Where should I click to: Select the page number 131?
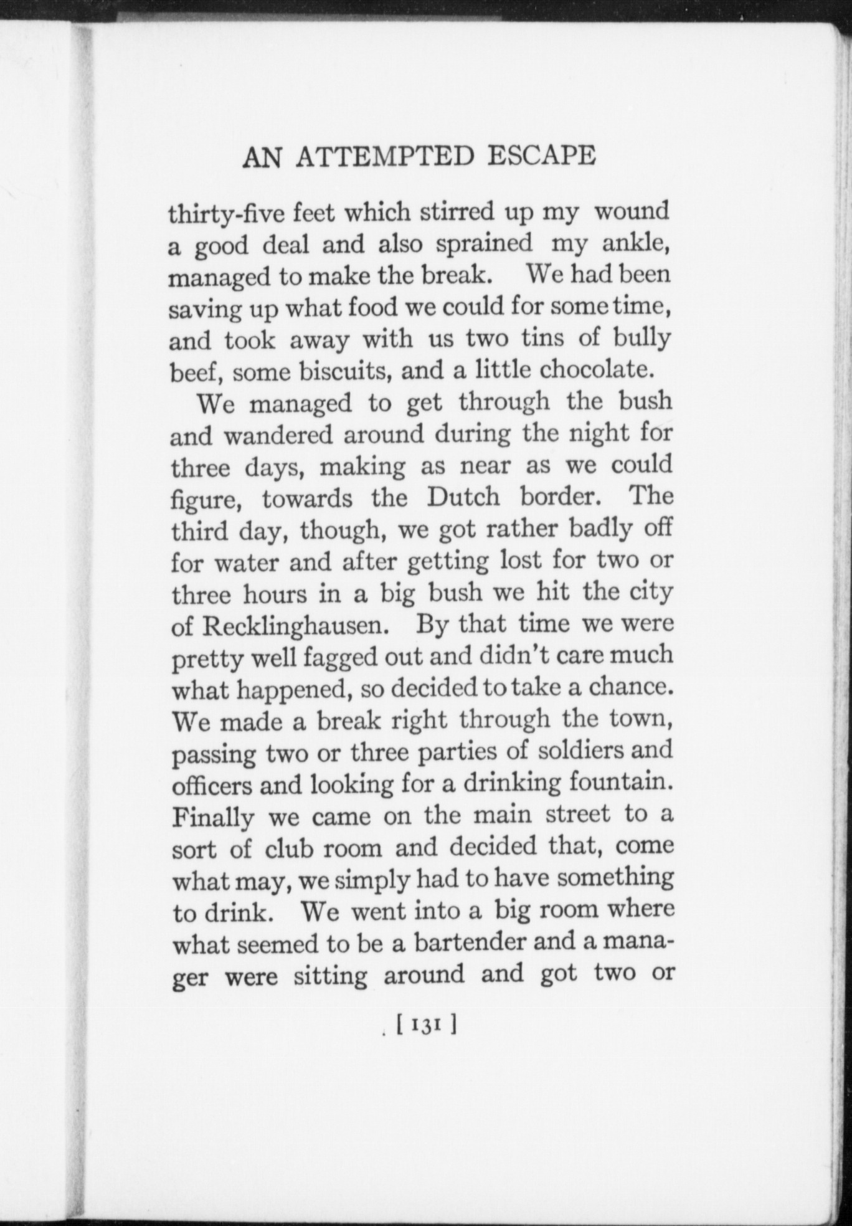point(427,1025)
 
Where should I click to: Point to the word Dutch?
point(463,497)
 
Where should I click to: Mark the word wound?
point(631,212)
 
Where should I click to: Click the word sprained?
point(484,244)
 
